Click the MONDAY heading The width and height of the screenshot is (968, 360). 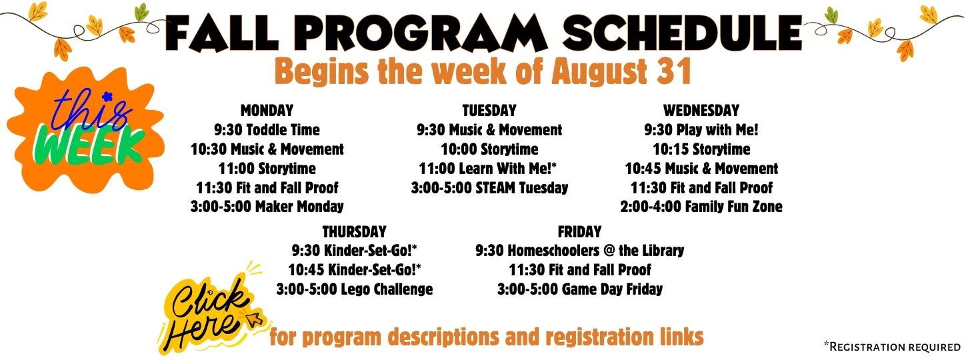pyautogui.click(x=267, y=110)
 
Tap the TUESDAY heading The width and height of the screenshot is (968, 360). pyautogui.click(x=489, y=110)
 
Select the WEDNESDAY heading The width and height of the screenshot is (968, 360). pyautogui.click(x=701, y=110)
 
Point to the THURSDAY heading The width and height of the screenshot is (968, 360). pyautogui.click(x=354, y=231)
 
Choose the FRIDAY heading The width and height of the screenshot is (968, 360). pyautogui.click(x=579, y=231)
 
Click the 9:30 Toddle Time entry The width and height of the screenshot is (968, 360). pyautogui.click(x=267, y=129)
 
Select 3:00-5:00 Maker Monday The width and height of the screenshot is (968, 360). pyautogui.click(x=267, y=207)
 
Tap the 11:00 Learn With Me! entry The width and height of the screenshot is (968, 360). pyautogui.click(x=488, y=168)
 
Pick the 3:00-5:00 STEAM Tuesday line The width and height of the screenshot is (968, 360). pyautogui.click(x=489, y=187)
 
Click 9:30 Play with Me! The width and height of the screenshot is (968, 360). pyautogui.click(x=701, y=129)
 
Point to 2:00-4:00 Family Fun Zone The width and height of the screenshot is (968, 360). pyautogui.click(x=701, y=207)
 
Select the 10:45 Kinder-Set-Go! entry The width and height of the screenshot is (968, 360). pyautogui.click(x=355, y=270)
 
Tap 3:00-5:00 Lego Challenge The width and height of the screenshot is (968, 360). pyautogui.click(x=355, y=289)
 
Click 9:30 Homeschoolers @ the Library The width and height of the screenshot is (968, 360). pyautogui.click(x=580, y=250)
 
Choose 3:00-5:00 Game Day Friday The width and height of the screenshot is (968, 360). pyautogui.click(x=580, y=289)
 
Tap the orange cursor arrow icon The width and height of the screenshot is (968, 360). pyautogui.click(x=255, y=319)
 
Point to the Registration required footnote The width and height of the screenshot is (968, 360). pyautogui.click(x=893, y=347)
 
